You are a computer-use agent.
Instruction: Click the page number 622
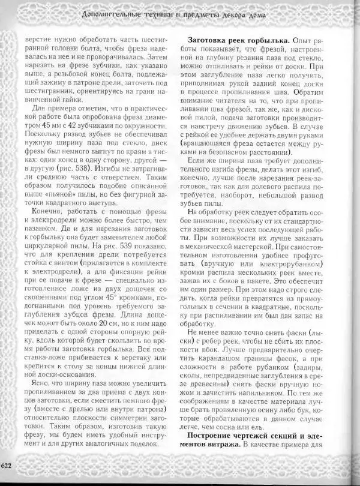point(6,465)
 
